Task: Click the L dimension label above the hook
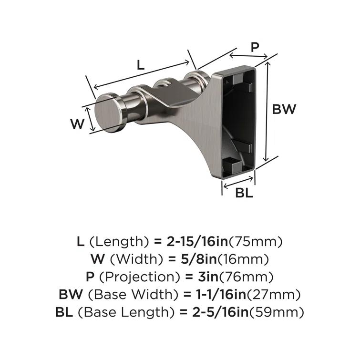[140, 65]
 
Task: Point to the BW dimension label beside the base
[284, 109]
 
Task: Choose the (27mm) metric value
[274, 295]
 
